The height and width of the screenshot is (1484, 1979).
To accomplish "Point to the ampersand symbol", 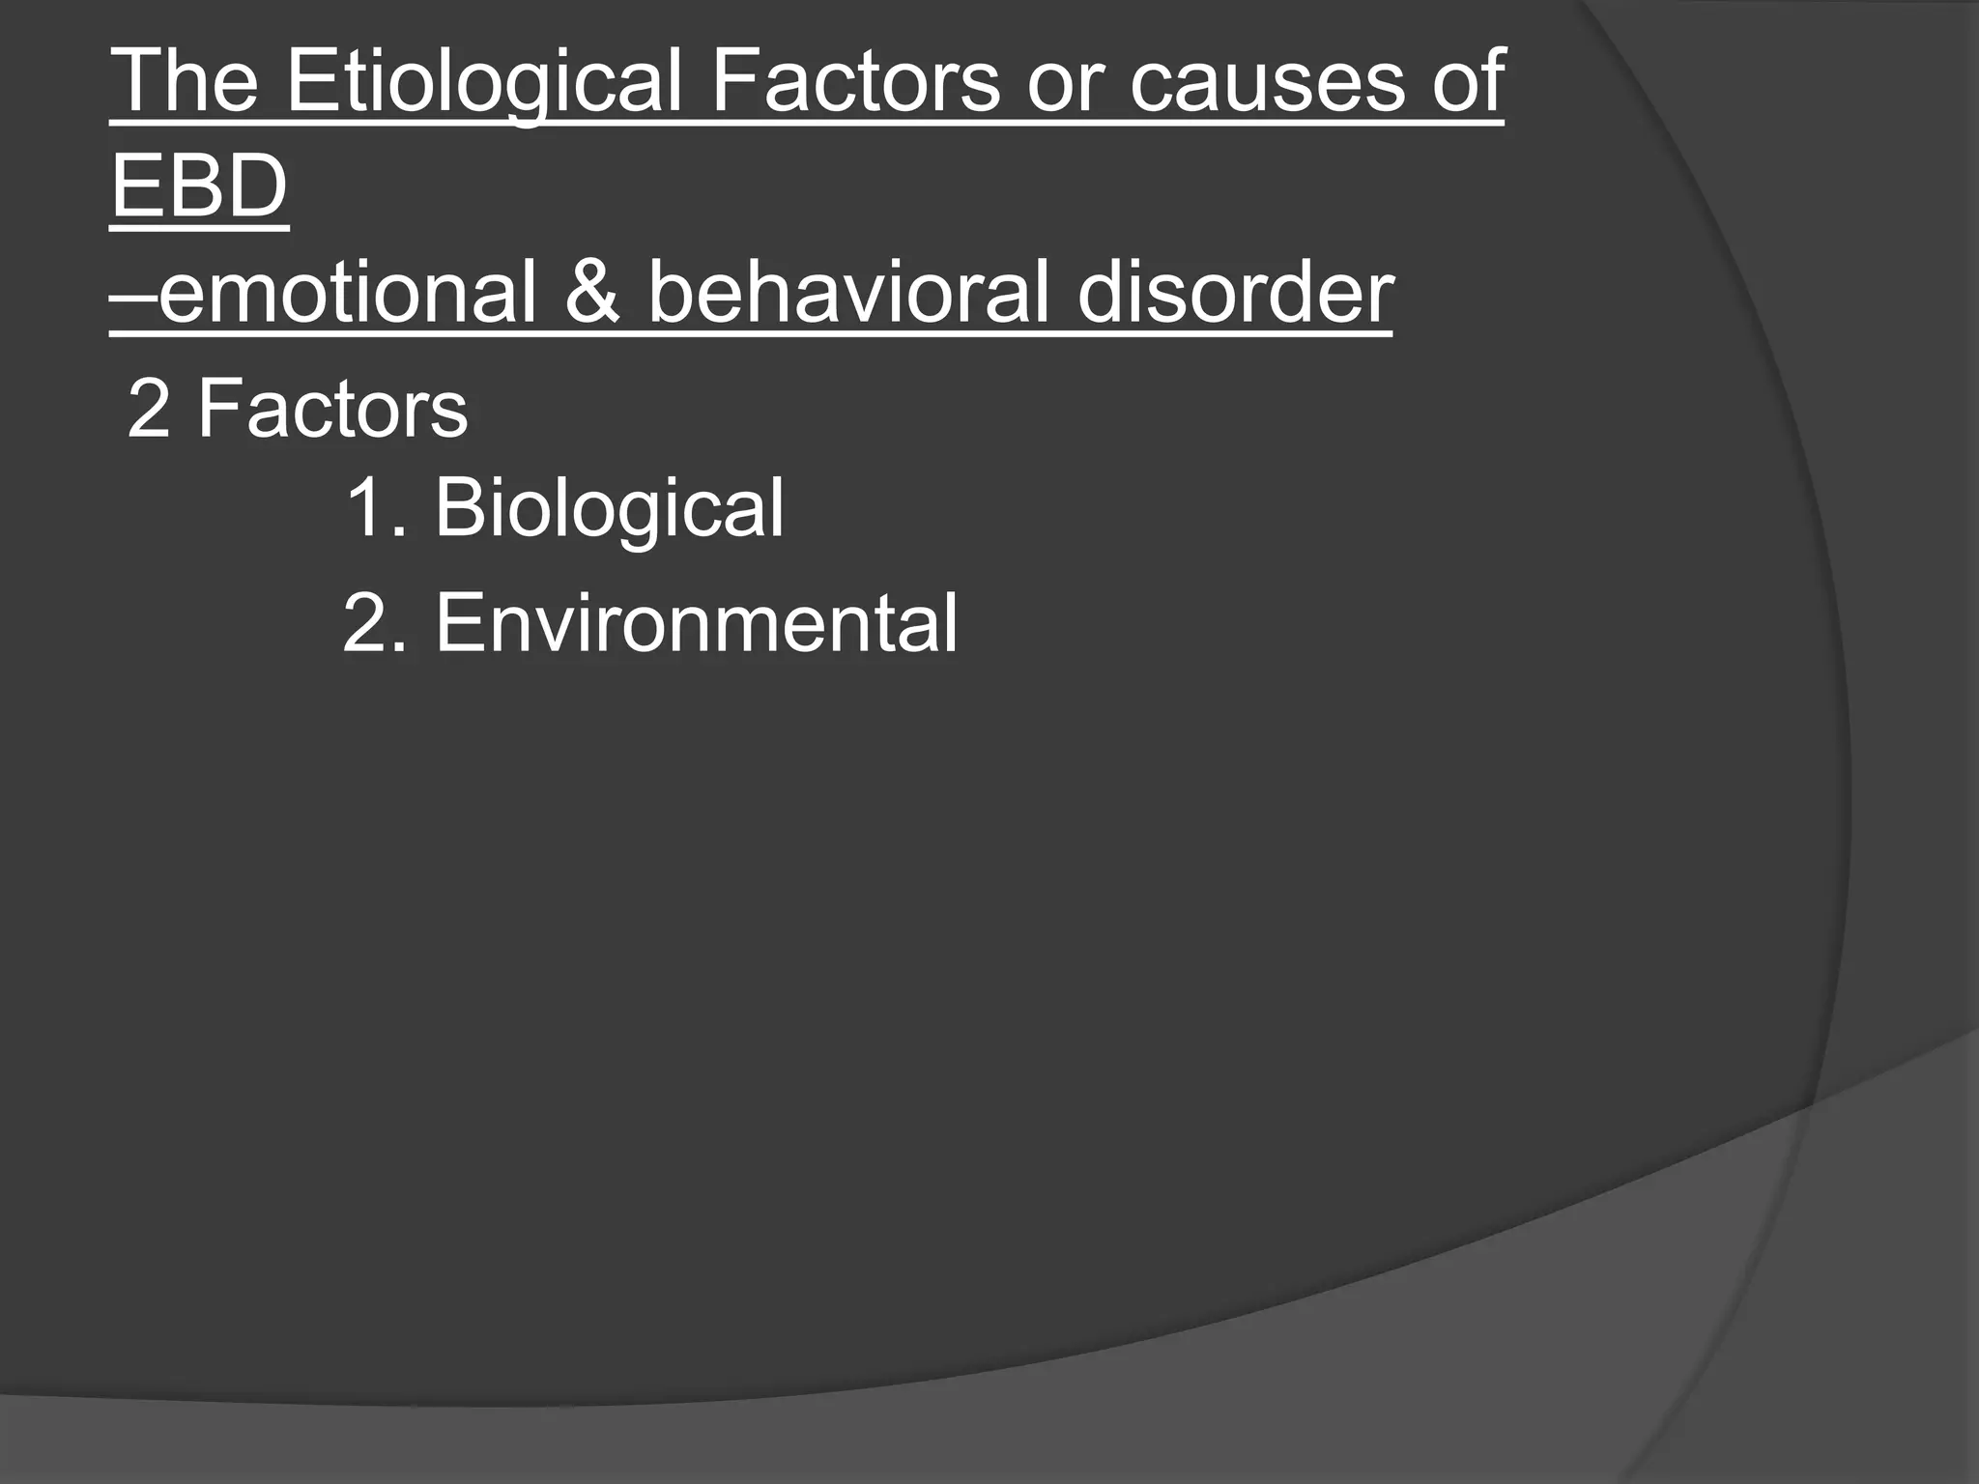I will coord(592,292).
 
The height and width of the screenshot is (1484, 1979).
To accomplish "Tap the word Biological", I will coord(609,509).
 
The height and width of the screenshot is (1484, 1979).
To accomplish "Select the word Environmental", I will coord(696,624).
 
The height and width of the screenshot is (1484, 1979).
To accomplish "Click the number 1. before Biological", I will coord(372,509).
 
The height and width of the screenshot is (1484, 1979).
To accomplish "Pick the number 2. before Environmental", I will coord(372,624).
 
